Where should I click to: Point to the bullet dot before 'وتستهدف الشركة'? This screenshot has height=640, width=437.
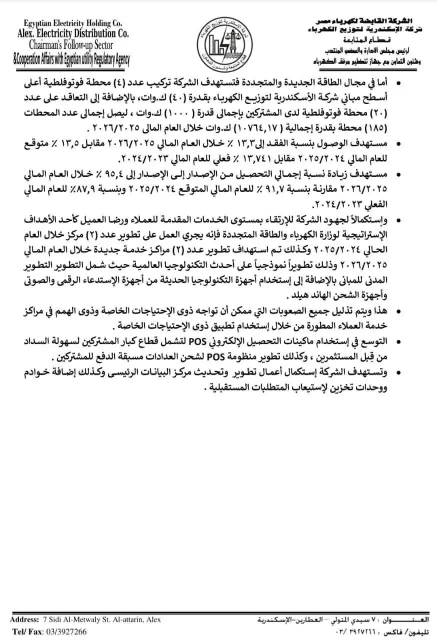pos(398,372)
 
